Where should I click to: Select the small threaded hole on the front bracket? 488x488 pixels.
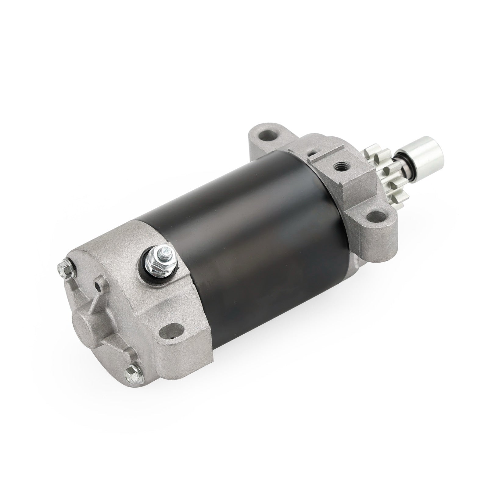pos(339,167)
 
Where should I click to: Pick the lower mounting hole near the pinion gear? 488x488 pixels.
pos(375,217)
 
